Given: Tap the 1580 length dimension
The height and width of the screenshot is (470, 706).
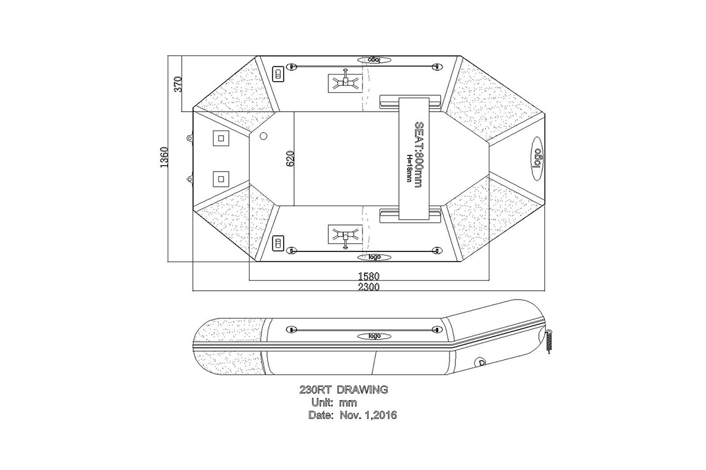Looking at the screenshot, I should (369, 276).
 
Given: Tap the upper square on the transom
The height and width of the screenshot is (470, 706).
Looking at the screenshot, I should (221, 139).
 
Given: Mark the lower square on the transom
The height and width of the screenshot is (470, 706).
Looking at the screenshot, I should (221, 178).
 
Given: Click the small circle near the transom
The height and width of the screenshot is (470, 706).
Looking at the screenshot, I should (263, 136).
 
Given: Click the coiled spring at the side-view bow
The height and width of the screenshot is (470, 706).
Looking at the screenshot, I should (550, 341).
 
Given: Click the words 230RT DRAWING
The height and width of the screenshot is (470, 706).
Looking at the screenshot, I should (343, 389).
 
